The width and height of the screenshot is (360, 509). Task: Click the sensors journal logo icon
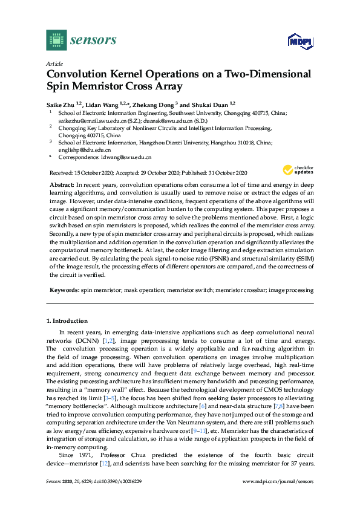[56, 40]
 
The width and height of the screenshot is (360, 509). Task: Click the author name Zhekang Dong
[152, 104]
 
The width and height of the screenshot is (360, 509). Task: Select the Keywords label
[63, 290]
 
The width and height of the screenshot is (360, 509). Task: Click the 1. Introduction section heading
[67, 320]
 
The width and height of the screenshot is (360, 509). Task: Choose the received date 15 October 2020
[94, 172]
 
